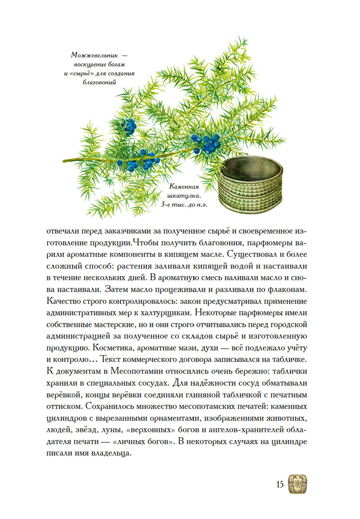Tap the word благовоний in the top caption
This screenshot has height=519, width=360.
[x=99, y=82]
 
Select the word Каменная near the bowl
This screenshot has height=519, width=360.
[x=184, y=187]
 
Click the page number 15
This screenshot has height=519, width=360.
[x=280, y=484]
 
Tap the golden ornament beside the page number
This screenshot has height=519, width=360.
[x=297, y=484]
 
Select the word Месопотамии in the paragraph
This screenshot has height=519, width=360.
[x=134, y=371]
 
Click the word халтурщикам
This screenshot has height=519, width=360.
[x=165, y=313]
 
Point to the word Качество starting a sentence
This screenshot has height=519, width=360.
[x=63, y=301]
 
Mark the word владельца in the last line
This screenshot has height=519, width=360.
[x=111, y=453]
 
